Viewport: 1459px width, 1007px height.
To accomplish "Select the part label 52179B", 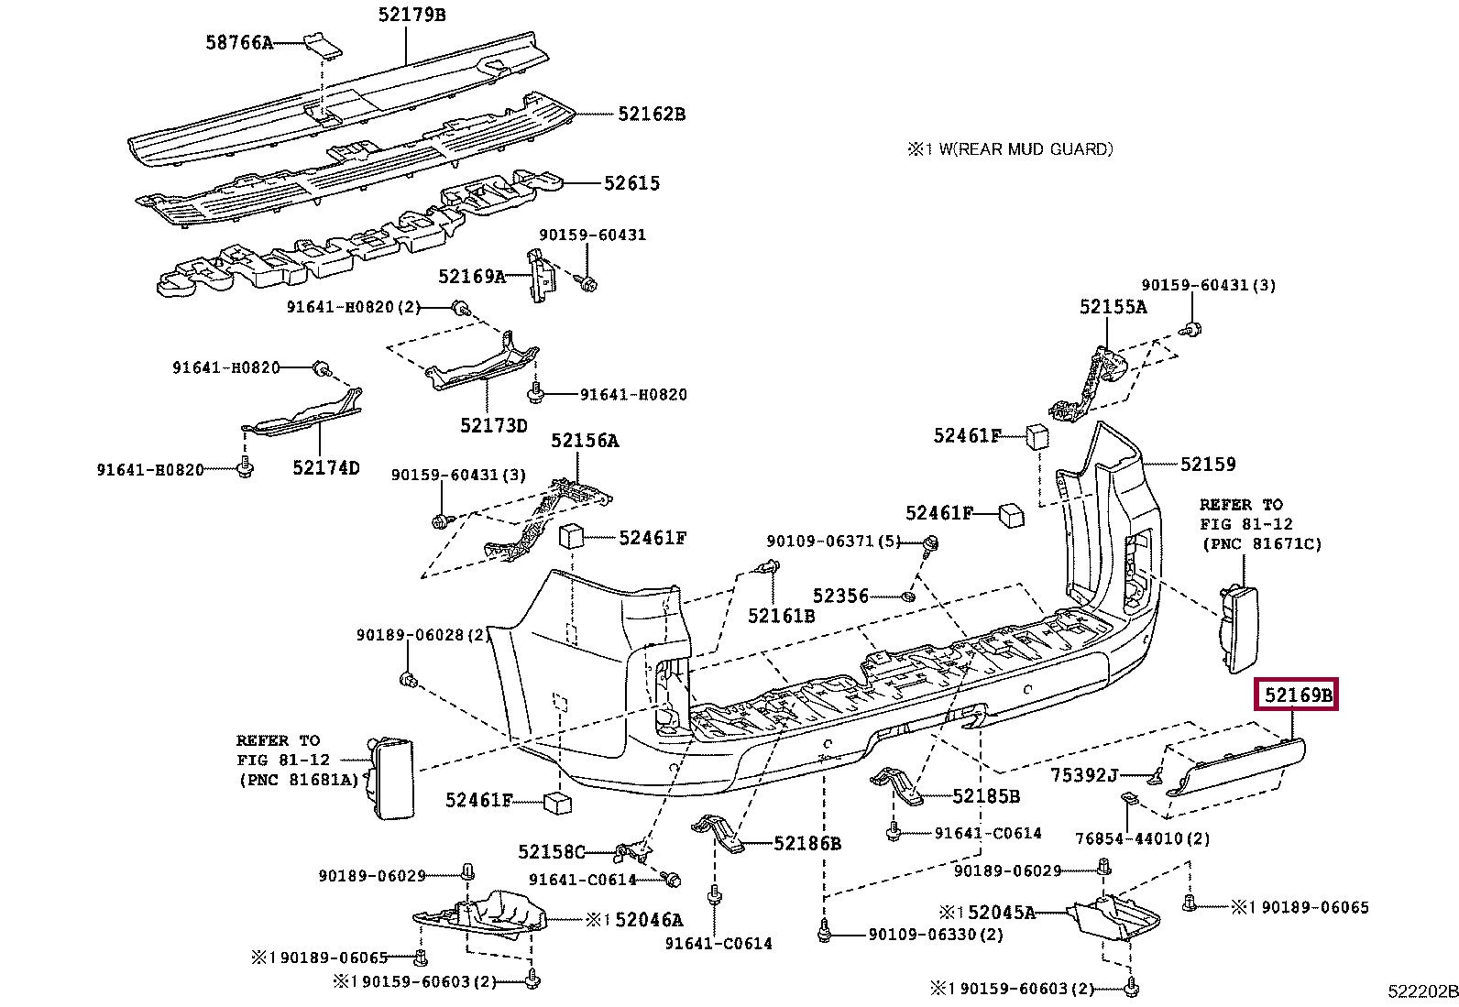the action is (411, 15).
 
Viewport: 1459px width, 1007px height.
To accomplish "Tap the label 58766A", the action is (239, 43).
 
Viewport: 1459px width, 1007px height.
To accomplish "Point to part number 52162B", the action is (652, 115).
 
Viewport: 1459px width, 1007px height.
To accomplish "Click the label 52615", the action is (631, 183).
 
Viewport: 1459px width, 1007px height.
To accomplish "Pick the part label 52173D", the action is (494, 426).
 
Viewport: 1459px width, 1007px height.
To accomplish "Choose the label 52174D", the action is (325, 467).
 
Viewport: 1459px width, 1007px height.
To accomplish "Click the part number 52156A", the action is (585, 441).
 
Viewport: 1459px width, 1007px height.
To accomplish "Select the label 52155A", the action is (1113, 307).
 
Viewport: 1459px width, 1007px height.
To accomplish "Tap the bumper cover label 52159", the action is (1208, 465).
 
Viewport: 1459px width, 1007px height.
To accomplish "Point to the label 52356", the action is (840, 596).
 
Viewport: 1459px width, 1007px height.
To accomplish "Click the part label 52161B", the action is (781, 616).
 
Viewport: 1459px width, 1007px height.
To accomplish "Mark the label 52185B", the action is (986, 796).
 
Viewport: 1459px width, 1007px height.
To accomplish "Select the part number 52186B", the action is (807, 844).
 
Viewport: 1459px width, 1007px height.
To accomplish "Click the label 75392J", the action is (1084, 775).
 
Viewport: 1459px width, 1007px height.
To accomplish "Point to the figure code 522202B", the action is (1423, 991).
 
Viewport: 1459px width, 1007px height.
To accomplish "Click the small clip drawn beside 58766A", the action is (323, 46).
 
